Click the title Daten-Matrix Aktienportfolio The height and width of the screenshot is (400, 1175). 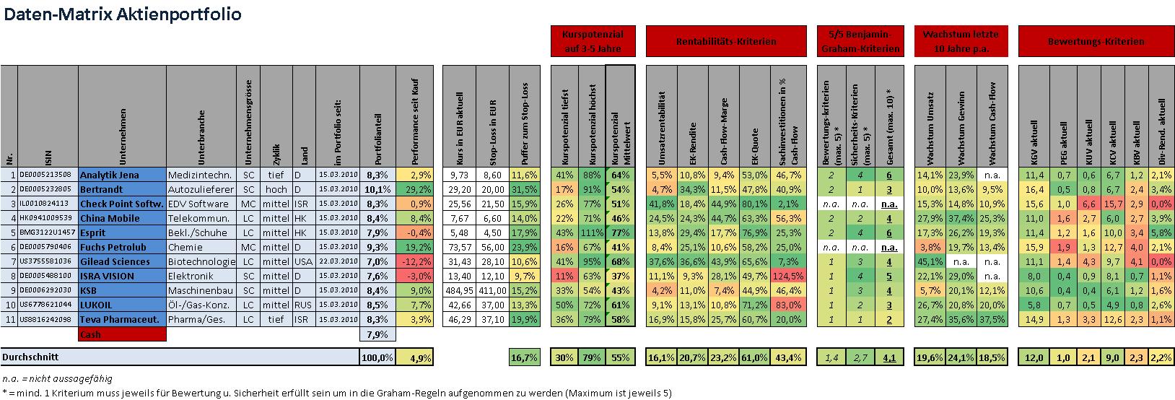click(123, 14)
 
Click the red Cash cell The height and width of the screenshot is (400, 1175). click(121, 334)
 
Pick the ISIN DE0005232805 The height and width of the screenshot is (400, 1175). click(45, 189)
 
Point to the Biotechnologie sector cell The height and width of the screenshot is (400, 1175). click(201, 261)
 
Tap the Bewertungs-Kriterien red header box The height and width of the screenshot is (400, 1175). click(1096, 42)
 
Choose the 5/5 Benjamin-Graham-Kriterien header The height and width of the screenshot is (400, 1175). click(862, 42)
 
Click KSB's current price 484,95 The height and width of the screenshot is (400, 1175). click(456, 290)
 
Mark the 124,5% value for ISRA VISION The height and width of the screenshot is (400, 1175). click(789, 276)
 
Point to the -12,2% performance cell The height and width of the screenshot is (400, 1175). click(415, 261)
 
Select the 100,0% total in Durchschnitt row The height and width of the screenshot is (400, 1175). click(377, 357)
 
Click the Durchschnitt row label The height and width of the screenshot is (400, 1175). click(30, 357)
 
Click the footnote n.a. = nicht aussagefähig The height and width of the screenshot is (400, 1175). click(58, 378)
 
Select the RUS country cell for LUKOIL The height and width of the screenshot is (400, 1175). click(302, 305)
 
